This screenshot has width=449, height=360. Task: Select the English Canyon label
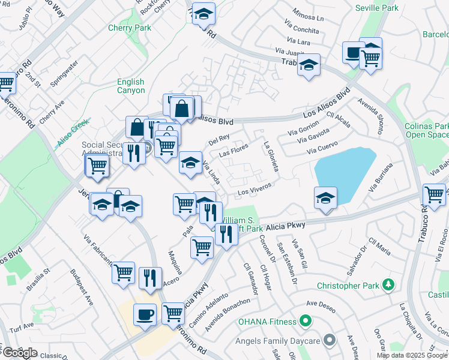pos(131,86)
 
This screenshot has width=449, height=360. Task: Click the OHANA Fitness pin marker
pos(306,321)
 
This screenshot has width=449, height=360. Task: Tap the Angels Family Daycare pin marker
pos(329,341)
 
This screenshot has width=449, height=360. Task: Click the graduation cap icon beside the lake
pos(325,197)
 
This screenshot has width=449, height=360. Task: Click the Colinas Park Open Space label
pos(427,131)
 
